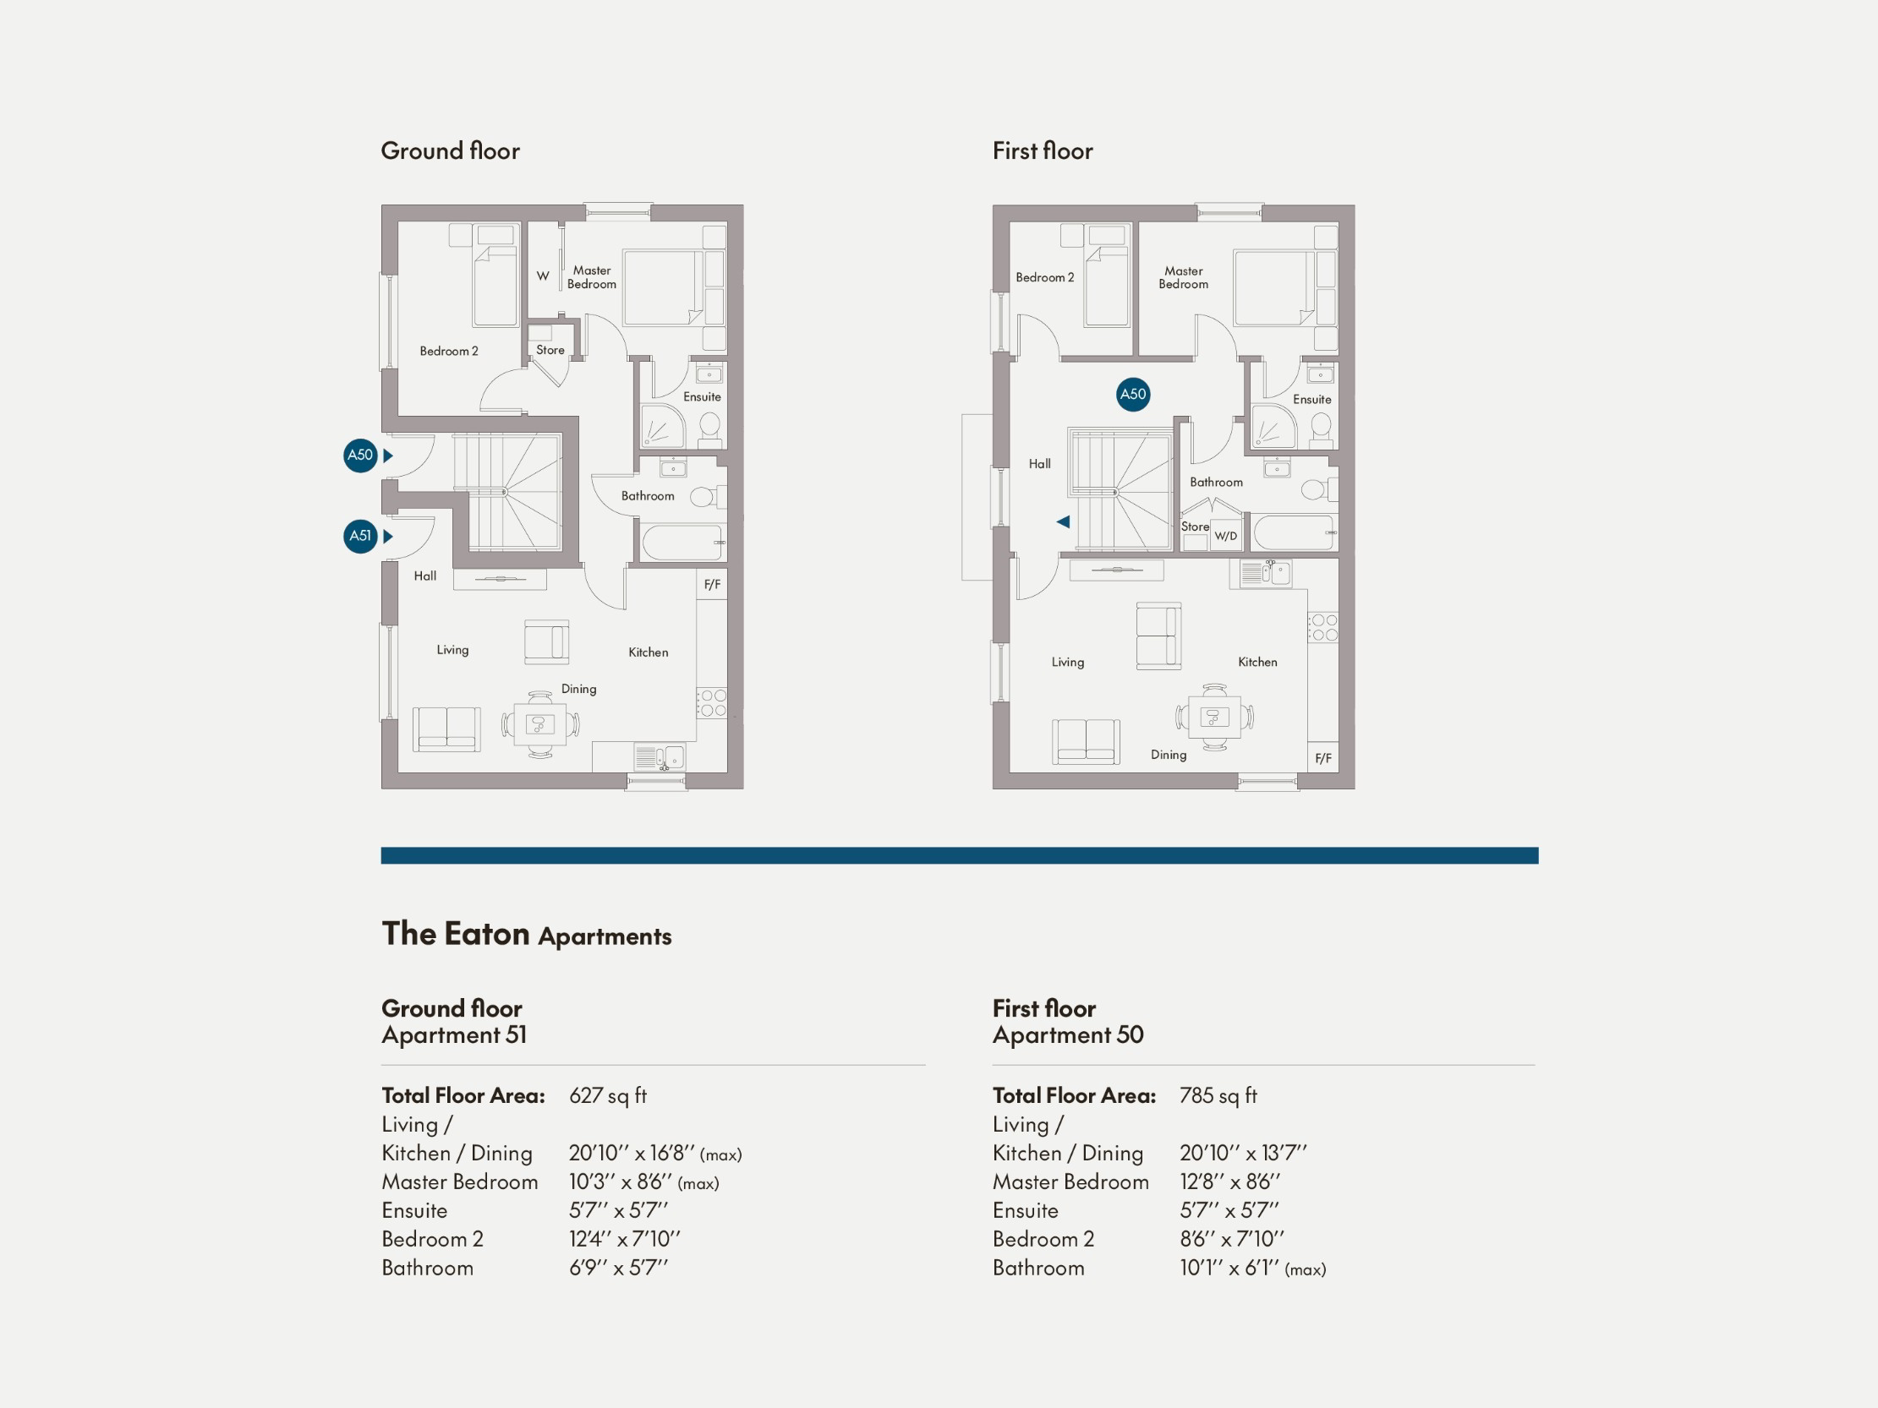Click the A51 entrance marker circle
click(x=360, y=536)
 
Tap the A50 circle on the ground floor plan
click(x=360, y=455)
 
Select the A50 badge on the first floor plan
click(x=1132, y=394)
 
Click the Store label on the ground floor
click(x=550, y=350)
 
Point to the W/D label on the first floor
click(x=1225, y=537)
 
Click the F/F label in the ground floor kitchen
click(x=711, y=584)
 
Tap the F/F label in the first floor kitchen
click(x=1322, y=758)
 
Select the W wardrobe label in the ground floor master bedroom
click(x=543, y=276)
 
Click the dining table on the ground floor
click(x=540, y=724)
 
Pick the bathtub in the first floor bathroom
click(x=1293, y=533)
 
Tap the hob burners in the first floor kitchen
click(x=1323, y=627)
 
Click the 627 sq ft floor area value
click(x=607, y=1095)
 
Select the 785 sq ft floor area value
click(x=1218, y=1095)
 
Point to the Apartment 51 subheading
click(x=453, y=1034)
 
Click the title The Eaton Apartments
click(x=526, y=934)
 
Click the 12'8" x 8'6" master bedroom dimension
click(x=1229, y=1182)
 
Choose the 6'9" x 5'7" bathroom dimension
click(x=617, y=1267)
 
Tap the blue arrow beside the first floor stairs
click(x=1063, y=522)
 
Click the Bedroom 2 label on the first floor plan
click(x=1044, y=277)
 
